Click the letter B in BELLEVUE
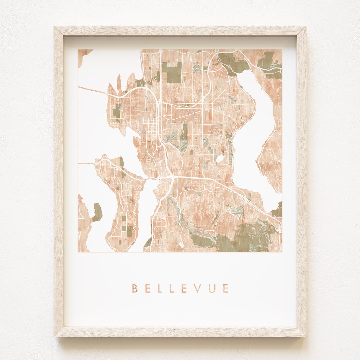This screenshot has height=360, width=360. click(x=135, y=288)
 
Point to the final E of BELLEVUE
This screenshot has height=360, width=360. click(x=226, y=288)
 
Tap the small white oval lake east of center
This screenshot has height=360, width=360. click(x=220, y=159)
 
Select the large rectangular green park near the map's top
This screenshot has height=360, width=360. click(x=172, y=72)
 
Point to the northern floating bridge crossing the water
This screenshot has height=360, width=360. click(x=97, y=91)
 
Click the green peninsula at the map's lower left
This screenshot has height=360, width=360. click(x=97, y=212)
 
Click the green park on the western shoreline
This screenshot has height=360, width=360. click(x=117, y=112)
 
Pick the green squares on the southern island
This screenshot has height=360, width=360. click(x=128, y=227)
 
